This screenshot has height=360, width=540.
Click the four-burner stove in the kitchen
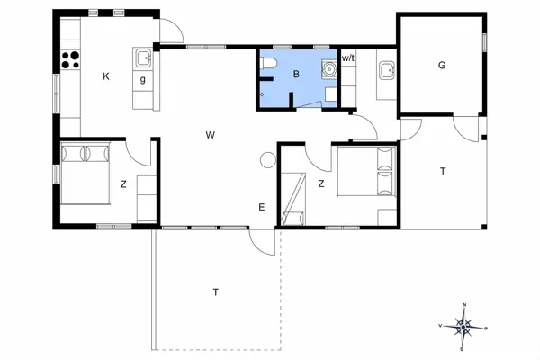point(70,59)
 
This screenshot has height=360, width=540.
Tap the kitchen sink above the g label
point(143,59)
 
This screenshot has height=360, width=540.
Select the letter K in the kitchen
point(106,77)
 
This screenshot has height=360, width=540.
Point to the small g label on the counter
point(142,80)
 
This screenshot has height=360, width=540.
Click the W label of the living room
point(210,135)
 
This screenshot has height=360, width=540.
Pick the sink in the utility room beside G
point(386,68)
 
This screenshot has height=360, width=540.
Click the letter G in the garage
point(442,65)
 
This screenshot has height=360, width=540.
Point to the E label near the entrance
point(262,208)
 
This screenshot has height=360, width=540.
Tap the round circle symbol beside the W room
point(267,160)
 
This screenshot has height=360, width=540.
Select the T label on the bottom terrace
point(215,292)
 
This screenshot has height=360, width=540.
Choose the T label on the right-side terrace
point(442,170)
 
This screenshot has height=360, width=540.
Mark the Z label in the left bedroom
point(123,184)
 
